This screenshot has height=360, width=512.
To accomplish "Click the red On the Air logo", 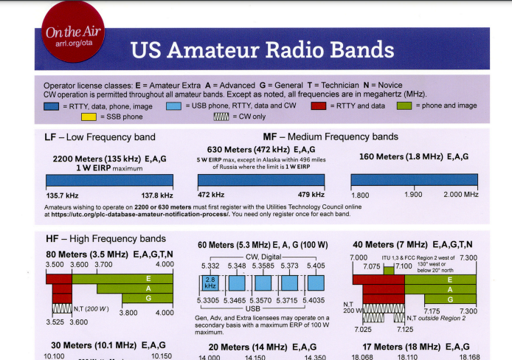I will click(73, 35).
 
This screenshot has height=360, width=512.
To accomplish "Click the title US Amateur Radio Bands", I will click(262, 50).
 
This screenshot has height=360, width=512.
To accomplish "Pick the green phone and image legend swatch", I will click(405, 106).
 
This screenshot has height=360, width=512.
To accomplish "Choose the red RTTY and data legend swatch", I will click(319, 106).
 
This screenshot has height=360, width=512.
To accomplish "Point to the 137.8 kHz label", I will click(156, 195).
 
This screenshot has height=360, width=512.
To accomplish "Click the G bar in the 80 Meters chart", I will click(148, 298).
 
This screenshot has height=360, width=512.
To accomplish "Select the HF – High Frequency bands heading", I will click(105, 239).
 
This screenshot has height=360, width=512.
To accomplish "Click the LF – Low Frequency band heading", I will click(100, 136).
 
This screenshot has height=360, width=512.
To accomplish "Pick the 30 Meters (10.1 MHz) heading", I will click(108, 345).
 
